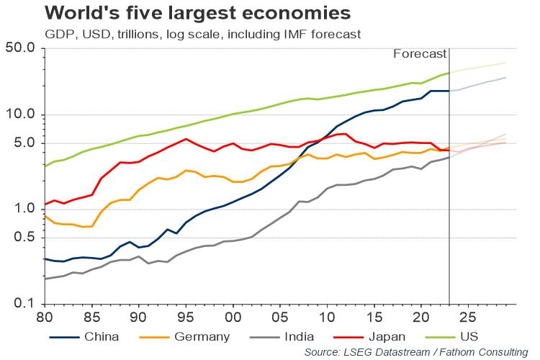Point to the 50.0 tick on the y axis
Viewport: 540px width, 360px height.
(25, 49)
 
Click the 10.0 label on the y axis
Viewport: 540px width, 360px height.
(25, 115)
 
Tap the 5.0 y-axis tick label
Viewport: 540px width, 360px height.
(28, 143)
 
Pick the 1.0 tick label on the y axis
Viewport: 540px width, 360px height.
(28, 210)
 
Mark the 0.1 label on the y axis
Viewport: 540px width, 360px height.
(28, 304)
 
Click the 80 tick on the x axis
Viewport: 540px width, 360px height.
(45, 317)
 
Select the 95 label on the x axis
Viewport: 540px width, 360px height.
(186, 317)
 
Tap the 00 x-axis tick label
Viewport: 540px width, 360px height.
(233, 317)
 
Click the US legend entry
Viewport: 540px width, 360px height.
(469, 336)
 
